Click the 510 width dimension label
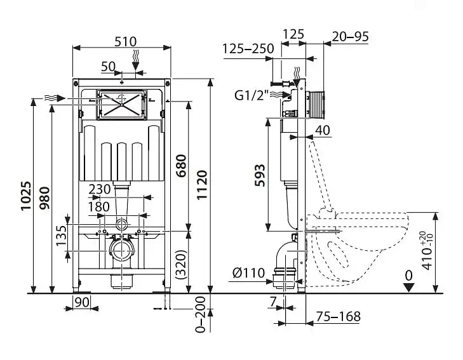click(x=126, y=42)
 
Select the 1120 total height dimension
click(x=202, y=185)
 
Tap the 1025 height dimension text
click(x=25, y=196)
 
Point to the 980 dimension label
click(x=45, y=198)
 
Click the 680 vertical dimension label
click(x=181, y=166)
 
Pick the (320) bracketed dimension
click(x=181, y=265)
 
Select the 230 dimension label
click(x=100, y=189)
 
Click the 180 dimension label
click(x=99, y=207)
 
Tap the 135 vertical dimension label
click(x=62, y=236)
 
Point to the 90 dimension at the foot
click(x=82, y=302)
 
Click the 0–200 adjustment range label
click(x=201, y=315)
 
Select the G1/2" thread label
click(x=252, y=95)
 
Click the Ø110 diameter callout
click(x=248, y=273)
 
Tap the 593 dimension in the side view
click(x=260, y=176)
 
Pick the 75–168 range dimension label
click(x=339, y=317)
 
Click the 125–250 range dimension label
click(x=248, y=49)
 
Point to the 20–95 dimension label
click(x=351, y=37)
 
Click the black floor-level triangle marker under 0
click(x=409, y=288)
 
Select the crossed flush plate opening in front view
click(x=121, y=105)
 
